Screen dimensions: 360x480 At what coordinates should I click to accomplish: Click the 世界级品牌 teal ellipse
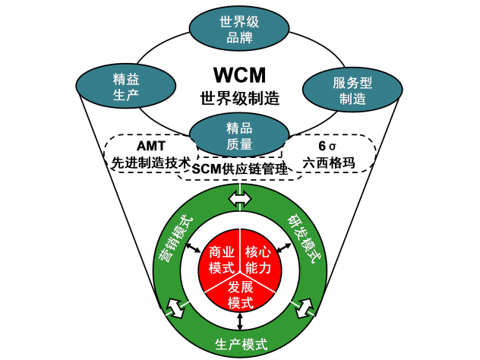point(240,27)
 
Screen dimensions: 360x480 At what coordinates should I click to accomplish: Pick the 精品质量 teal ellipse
point(238,135)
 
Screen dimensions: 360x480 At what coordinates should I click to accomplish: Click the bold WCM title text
point(239,77)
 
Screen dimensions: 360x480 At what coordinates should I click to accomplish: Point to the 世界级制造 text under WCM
point(239,99)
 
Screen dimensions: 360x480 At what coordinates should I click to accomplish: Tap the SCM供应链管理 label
point(241,169)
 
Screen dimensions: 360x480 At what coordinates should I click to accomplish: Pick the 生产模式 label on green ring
point(240,344)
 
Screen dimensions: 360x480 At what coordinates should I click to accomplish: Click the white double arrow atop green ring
point(240,198)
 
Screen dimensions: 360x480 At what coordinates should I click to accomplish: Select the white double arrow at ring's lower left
point(175,308)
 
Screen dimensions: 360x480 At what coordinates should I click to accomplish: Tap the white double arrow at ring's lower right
point(305,308)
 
